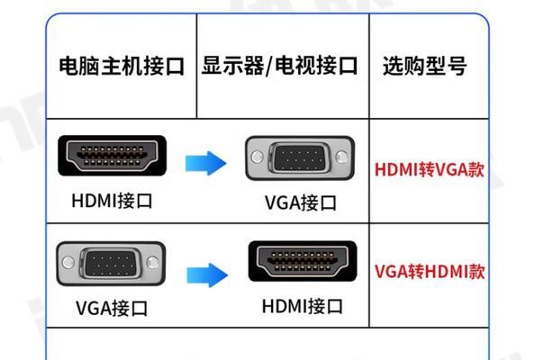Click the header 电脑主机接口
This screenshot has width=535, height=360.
coord(122,66)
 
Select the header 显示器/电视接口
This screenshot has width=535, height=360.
coord(279,66)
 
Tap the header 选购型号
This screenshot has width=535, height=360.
coord(424,66)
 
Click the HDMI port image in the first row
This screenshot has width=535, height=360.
coord(113,156)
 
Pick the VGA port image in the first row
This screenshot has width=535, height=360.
coord(300,157)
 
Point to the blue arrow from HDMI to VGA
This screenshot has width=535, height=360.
coord(205,163)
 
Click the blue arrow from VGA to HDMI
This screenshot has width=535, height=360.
coord(207,275)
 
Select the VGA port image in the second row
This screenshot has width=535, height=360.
coord(111,264)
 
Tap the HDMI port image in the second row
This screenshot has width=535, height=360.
coord(303,262)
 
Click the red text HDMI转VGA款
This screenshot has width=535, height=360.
coord(430,169)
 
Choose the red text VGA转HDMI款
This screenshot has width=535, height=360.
coord(430,272)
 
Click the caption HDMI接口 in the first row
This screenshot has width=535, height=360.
coord(112,201)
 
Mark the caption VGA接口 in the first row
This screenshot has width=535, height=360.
coord(301,202)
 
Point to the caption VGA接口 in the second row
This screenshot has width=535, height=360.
coord(112,308)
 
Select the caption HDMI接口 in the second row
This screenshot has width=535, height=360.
coord(303,306)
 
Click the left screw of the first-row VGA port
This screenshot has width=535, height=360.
coord(258,157)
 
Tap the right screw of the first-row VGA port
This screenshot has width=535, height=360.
coord(341,157)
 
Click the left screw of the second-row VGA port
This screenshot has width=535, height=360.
coord(68,263)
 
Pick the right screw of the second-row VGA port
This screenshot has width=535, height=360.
coord(152,263)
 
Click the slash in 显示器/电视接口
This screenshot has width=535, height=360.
coord(269,66)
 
